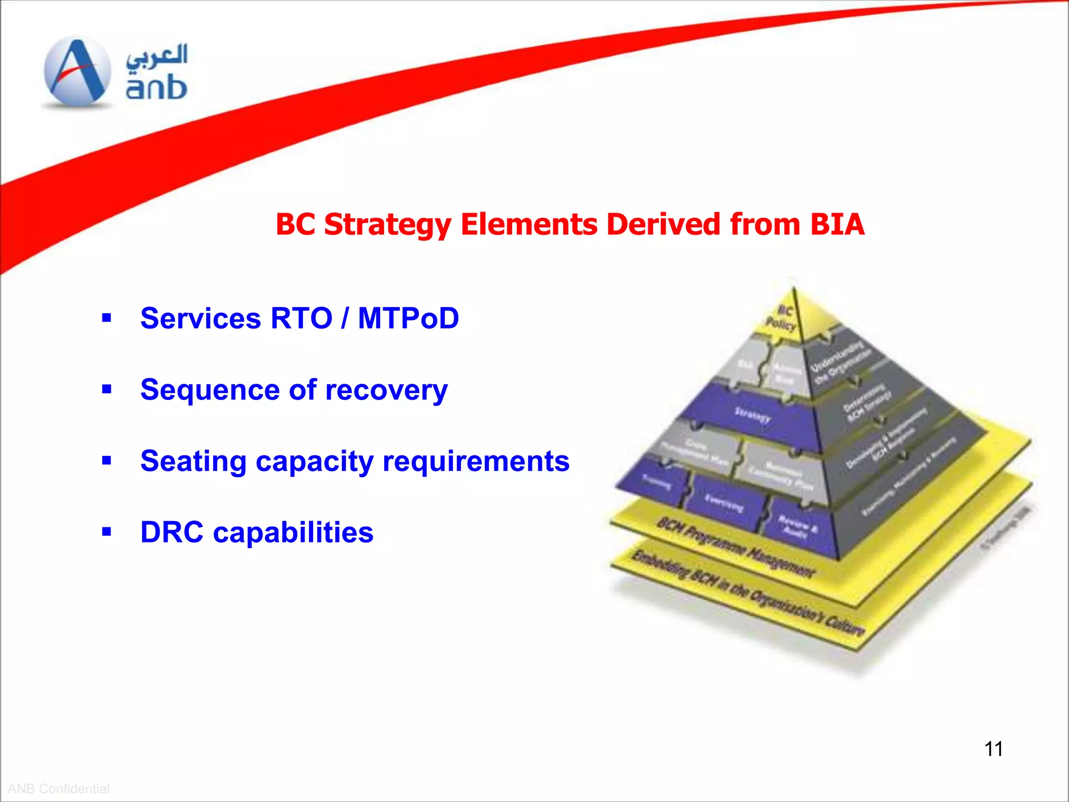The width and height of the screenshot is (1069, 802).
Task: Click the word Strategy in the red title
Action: (388, 225)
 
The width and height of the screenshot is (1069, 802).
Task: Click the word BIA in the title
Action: (837, 225)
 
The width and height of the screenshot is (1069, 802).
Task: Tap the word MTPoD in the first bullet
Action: (408, 318)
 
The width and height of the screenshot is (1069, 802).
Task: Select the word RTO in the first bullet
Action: (301, 318)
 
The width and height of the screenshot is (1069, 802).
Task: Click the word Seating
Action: (194, 462)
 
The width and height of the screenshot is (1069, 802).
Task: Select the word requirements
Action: (476, 462)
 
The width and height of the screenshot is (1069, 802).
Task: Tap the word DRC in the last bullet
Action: (172, 533)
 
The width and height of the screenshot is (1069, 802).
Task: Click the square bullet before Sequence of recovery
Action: (107, 389)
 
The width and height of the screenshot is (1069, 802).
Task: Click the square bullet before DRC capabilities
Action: (107, 532)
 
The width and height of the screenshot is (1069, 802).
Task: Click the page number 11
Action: (993, 749)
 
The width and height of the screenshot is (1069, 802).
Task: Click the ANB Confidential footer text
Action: (58, 788)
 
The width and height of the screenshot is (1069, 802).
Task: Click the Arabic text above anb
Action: (157, 56)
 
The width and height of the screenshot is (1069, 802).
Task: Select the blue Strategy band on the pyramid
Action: (752, 415)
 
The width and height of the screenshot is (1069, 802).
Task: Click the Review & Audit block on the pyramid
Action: (798, 525)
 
